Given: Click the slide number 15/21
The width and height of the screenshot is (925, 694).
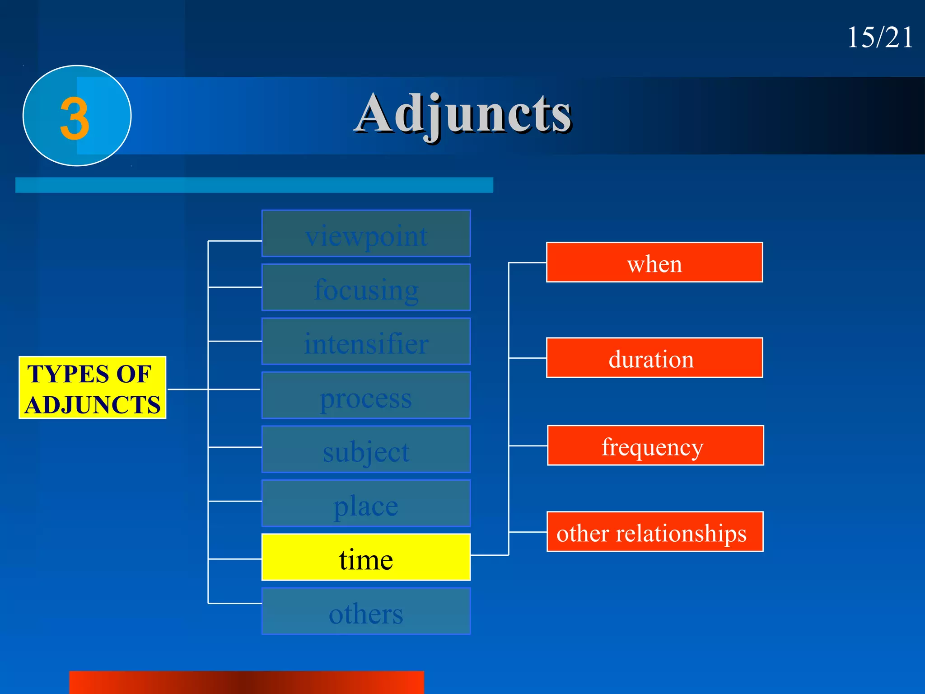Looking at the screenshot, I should tap(879, 37).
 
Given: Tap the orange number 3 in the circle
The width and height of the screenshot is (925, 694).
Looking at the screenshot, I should tap(75, 118).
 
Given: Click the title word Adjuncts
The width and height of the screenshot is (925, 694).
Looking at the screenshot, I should tap(463, 114).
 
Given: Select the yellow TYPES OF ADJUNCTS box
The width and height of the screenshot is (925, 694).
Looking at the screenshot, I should tap(93, 388).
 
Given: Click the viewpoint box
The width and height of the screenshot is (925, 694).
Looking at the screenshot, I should tap(366, 234).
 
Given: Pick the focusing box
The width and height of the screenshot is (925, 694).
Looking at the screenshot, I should tap(366, 287).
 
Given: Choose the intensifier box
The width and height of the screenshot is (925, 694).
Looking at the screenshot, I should tap(366, 342).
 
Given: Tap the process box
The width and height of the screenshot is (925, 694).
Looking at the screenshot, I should tap(366, 396).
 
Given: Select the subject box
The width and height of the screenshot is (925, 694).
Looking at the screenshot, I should tap(366, 450).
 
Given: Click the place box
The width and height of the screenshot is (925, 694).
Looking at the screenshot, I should tap(366, 503).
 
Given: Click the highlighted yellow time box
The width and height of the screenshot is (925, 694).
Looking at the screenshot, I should tap(366, 557).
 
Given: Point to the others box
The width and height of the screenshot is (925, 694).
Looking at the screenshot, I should tap(366, 611).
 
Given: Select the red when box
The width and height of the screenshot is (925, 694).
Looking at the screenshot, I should tap(654, 263).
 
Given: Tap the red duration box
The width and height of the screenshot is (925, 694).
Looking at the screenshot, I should tap(654, 358).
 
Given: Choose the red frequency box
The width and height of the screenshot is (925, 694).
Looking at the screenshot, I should tap(655, 445).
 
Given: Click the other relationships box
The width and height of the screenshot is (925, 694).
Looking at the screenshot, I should tap(655, 532).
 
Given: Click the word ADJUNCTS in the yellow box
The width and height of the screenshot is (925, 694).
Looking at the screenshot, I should tap(93, 404).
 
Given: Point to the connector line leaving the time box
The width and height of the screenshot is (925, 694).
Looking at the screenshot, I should tap(490, 555).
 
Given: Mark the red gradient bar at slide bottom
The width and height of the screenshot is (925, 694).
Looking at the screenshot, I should tap(247, 682).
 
